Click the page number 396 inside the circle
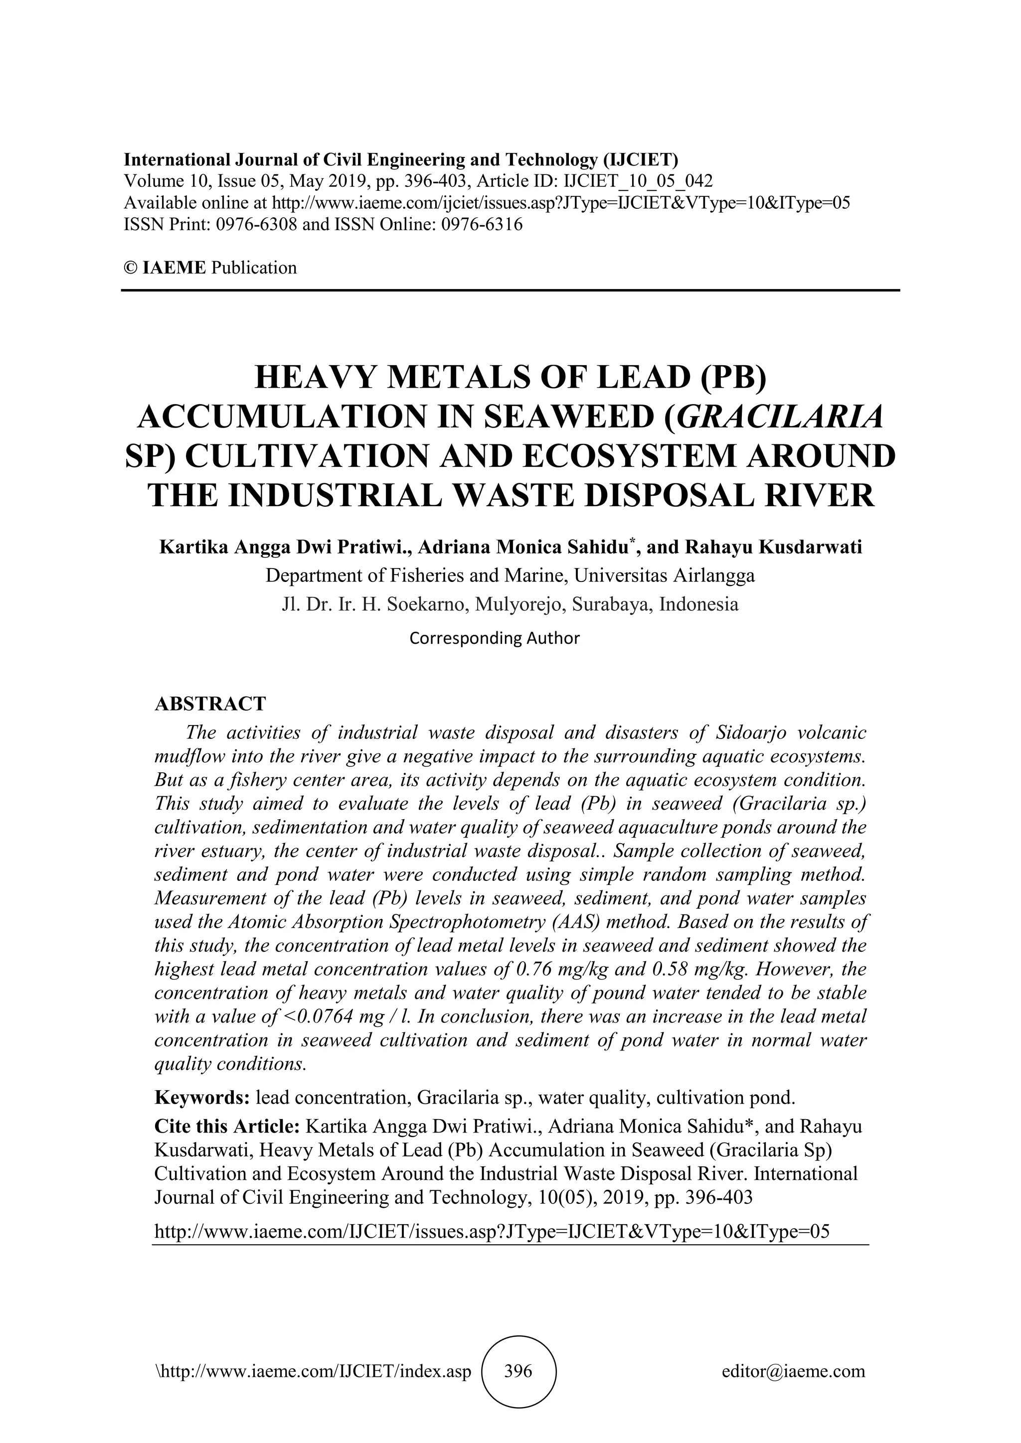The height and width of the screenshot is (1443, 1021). click(518, 1371)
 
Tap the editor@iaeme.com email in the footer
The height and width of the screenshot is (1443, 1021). click(793, 1371)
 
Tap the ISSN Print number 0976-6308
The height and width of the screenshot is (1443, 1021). click(257, 224)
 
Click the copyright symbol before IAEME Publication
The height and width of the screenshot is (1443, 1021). click(130, 268)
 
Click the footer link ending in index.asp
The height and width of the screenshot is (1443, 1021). click(313, 1371)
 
